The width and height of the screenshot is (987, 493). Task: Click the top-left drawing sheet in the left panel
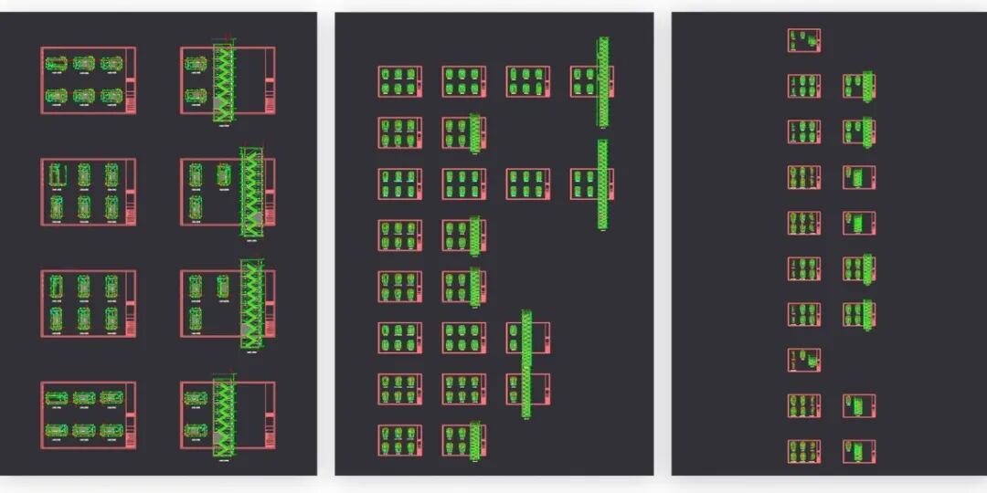[88, 80]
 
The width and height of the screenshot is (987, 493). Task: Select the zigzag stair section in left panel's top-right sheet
[223, 83]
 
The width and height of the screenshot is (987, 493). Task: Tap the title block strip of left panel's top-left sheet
[131, 80]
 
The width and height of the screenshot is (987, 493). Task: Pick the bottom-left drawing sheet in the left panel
[88, 414]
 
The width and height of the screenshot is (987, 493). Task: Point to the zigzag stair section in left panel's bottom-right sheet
[223, 417]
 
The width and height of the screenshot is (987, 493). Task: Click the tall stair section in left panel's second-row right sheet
[251, 193]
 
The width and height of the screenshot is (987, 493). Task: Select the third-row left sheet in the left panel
[88, 303]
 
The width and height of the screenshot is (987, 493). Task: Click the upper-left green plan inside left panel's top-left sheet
[56, 64]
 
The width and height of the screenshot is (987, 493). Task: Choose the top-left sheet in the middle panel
[399, 81]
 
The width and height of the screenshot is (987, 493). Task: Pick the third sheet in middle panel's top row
[527, 81]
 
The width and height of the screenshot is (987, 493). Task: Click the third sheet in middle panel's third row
[527, 184]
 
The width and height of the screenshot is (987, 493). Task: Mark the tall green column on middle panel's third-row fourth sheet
[602, 184]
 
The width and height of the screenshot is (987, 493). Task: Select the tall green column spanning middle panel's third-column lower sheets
[526, 363]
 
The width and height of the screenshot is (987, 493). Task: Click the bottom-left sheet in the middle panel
[399, 440]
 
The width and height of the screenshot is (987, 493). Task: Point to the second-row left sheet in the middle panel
[399, 132]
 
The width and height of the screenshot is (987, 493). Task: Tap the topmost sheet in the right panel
[803, 40]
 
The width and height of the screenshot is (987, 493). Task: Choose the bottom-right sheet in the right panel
[858, 451]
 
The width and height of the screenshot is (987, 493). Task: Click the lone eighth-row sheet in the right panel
[803, 360]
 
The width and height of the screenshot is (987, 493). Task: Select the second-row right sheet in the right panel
[858, 86]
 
